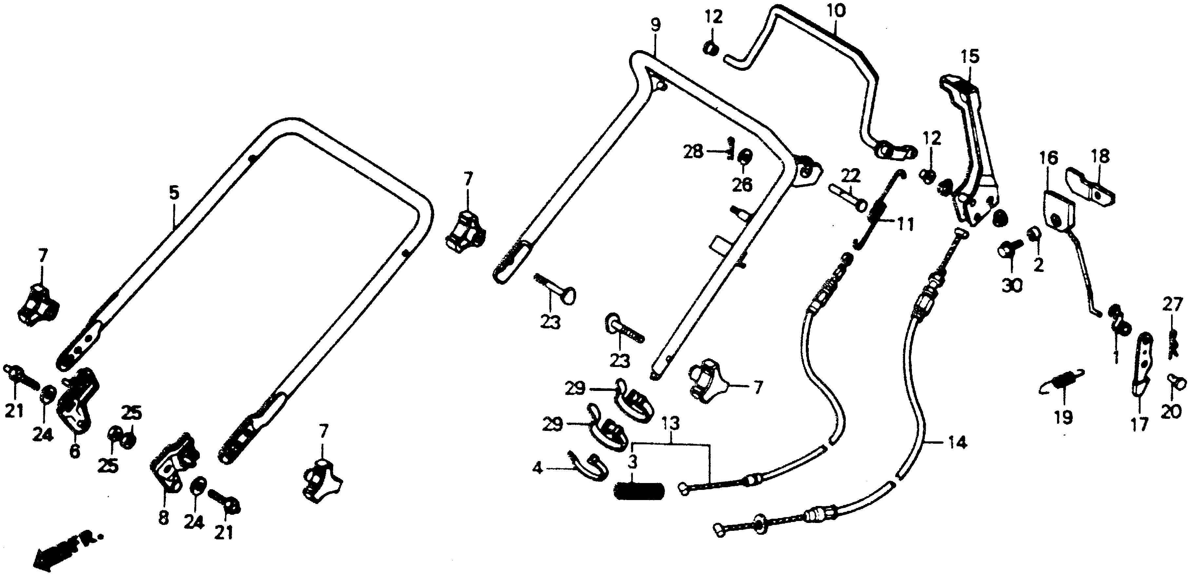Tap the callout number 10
[836, 10]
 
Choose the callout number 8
[163, 518]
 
